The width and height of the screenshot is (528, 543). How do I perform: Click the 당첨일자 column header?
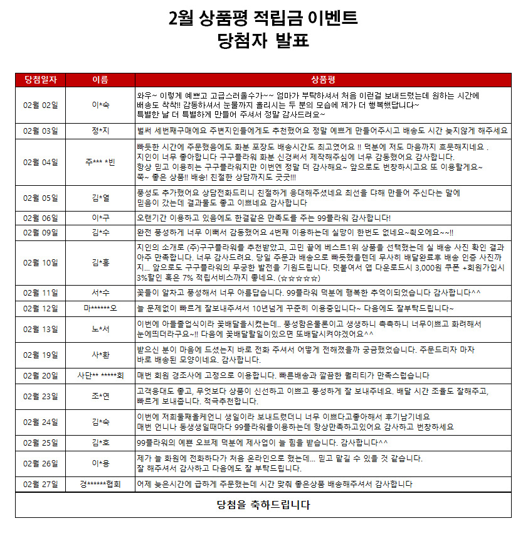[x=41, y=79]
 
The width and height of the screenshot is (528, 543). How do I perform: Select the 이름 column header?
[x=100, y=79]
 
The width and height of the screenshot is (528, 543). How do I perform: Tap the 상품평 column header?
[x=323, y=79]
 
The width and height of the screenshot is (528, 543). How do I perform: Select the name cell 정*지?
[x=100, y=131]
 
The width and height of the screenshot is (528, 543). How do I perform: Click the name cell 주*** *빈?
[x=100, y=162]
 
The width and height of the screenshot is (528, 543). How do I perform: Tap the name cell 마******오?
[x=100, y=309]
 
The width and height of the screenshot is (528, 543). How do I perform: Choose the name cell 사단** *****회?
[x=100, y=375]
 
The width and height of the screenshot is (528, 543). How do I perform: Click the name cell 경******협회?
[x=100, y=485]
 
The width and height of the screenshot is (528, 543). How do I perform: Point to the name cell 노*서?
[x=100, y=329]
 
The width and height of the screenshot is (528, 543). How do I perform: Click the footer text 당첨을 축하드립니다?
[x=263, y=505]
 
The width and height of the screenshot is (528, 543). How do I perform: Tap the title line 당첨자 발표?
[x=263, y=41]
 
